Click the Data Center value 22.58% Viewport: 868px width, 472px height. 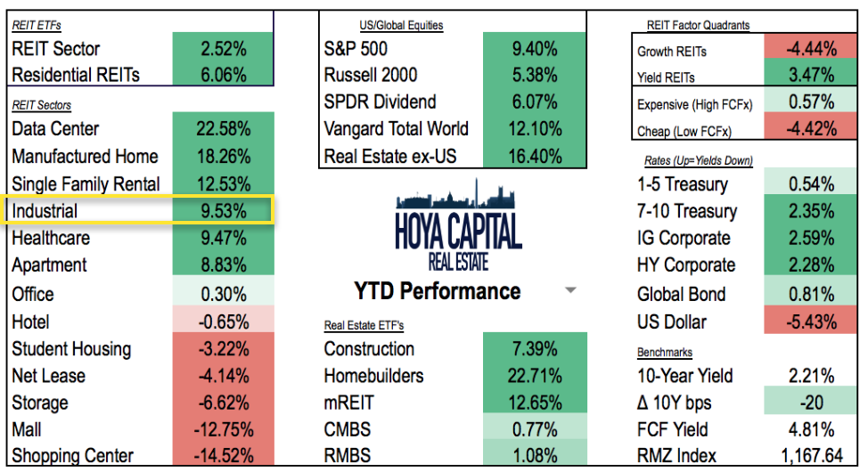[x=223, y=129]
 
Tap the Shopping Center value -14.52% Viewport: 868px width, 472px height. [x=223, y=456]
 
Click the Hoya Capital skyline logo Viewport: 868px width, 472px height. [x=458, y=223]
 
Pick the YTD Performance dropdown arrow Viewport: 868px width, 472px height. [x=571, y=290]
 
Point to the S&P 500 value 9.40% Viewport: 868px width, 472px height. [x=534, y=48]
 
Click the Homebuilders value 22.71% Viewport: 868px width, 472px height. [x=534, y=376]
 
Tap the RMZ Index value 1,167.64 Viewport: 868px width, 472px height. [x=811, y=456]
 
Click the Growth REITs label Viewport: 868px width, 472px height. [x=672, y=52]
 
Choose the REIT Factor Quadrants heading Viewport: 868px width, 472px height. [x=698, y=26]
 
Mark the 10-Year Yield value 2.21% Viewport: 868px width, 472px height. [x=811, y=376]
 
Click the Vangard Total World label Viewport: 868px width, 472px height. [x=396, y=129]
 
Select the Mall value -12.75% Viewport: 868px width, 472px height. [x=223, y=429]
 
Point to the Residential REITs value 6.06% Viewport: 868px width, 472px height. [x=223, y=76]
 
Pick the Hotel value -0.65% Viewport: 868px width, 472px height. [x=223, y=321]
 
